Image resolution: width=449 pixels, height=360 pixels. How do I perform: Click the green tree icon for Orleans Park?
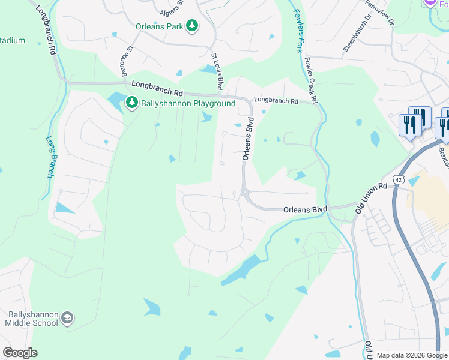tap(191, 26)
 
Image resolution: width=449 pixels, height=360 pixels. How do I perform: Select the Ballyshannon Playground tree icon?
tap(131, 104)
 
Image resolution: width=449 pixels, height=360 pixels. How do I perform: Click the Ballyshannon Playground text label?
tap(188, 104)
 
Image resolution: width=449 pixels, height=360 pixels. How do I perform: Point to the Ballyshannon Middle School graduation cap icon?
tap(67, 318)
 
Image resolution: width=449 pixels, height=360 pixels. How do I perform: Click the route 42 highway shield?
tap(399, 179)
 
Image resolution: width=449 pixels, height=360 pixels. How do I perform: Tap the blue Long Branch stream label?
tap(50, 157)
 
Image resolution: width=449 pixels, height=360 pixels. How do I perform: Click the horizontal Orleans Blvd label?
tap(305, 209)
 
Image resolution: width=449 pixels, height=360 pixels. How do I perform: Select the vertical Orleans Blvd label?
tap(248, 139)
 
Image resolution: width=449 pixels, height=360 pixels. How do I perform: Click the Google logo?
tap(20, 353)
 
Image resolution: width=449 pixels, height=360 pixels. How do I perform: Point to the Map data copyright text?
tap(411, 355)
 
